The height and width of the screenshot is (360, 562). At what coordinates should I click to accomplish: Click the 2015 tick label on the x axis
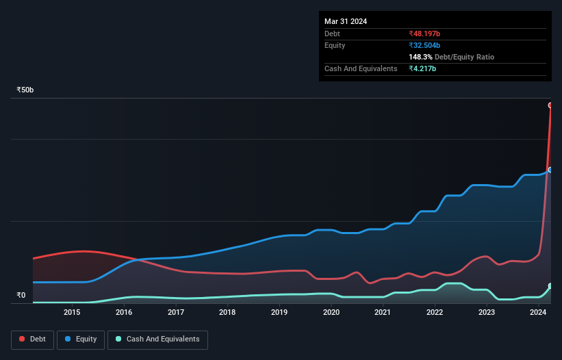[x=72, y=313]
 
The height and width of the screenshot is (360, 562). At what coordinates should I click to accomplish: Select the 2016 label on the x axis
[x=124, y=313]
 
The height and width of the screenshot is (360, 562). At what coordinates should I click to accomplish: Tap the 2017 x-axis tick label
[x=176, y=313]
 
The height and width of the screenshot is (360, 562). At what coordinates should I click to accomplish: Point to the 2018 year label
[x=227, y=313]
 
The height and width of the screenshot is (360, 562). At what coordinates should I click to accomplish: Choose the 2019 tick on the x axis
[x=279, y=313]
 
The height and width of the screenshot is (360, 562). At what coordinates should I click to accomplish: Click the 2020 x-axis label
[x=331, y=313]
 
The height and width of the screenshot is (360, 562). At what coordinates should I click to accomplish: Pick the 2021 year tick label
[x=383, y=313]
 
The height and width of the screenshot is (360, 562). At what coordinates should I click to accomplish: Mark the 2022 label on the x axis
[x=435, y=313]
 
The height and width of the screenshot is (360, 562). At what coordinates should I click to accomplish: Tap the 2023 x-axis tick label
[x=486, y=313]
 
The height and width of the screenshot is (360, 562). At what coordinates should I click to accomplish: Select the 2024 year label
[x=538, y=313]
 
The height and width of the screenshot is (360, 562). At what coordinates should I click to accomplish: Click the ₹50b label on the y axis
[x=25, y=90]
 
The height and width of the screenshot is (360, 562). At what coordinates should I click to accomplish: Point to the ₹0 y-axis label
[x=21, y=296]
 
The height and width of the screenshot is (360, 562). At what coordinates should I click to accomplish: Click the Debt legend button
[x=31, y=339]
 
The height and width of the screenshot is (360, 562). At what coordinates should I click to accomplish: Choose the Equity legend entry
[x=81, y=339]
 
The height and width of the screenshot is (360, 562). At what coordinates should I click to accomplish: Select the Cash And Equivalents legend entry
[x=157, y=339]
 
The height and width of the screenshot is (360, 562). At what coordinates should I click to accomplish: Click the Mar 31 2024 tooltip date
[x=346, y=21]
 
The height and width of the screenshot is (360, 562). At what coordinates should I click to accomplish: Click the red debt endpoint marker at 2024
[x=550, y=105]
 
